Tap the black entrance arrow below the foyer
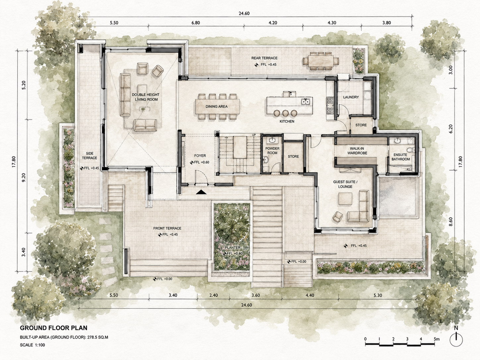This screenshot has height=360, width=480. pos(201,192)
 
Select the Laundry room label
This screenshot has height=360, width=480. pos(351,97)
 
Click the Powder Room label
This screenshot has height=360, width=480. pos(272,150)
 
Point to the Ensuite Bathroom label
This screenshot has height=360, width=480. pos(401,157)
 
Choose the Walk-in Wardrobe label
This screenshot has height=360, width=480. pos(357,151)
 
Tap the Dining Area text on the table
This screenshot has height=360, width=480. pos(216,106)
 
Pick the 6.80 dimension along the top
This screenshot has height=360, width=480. pos(196,23)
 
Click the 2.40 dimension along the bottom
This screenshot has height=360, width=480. pos(213,295)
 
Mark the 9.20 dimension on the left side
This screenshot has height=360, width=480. pos(24,177)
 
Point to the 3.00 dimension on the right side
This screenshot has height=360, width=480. pos(450,70)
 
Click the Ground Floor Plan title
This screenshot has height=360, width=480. pos(54,328)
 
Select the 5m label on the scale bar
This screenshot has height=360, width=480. pos(437,339)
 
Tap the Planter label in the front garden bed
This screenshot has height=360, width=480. pos(233,248)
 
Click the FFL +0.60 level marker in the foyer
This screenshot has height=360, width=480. pos(200,162)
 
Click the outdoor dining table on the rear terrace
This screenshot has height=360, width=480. pos(321,61)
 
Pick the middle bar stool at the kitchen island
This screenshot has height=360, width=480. pos(285,113)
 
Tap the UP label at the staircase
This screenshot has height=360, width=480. pos(254,135)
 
